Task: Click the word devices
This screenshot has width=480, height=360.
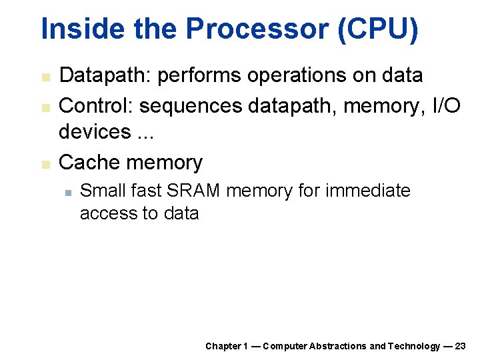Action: click(x=94, y=131)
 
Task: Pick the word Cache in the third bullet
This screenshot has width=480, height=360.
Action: click(x=89, y=162)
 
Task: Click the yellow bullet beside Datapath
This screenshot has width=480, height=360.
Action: click(x=45, y=77)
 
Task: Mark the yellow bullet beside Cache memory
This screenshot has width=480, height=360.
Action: click(x=45, y=163)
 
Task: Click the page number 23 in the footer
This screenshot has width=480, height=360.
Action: click(x=460, y=346)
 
